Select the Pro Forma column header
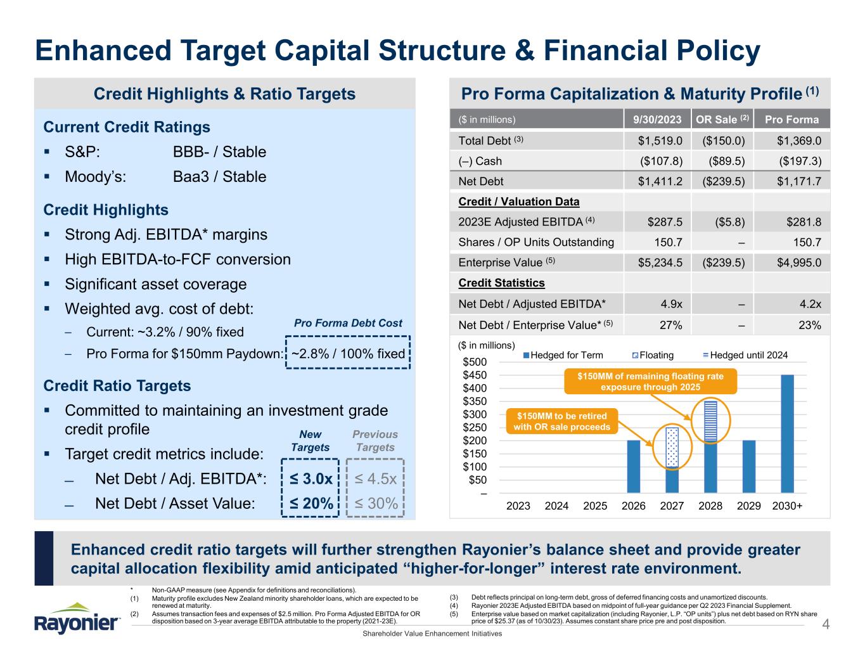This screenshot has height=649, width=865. pyautogui.click(x=791, y=119)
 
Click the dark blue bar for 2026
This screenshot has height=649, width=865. pyautogui.click(x=633, y=466)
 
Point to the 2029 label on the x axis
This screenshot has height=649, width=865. pyautogui.click(x=748, y=505)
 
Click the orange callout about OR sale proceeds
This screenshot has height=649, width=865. pyautogui.click(x=561, y=421)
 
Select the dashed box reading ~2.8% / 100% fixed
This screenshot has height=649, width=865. pyautogui.click(x=348, y=354)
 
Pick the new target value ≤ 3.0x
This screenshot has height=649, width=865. pyautogui.click(x=311, y=479)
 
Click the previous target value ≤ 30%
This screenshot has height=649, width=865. pyautogui.click(x=376, y=503)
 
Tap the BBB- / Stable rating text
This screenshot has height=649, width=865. pyautogui.click(x=219, y=152)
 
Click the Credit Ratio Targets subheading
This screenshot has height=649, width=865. pyautogui.click(x=117, y=386)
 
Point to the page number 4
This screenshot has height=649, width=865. pyautogui.click(x=825, y=626)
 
